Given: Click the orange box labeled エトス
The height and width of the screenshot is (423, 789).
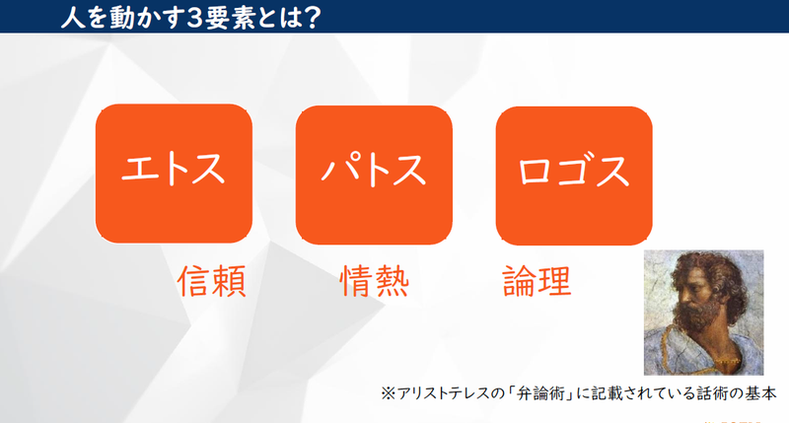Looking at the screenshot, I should click(x=174, y=175).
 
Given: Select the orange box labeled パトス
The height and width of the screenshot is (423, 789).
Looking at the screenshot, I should click(x=374, y=175).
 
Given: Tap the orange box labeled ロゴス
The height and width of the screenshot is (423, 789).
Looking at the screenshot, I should click(x=574, y=175).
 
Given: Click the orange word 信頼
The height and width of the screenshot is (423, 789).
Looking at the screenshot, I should click(x=211, y=282).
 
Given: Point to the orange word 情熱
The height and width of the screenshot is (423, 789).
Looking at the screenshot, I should click(x=374, y=282).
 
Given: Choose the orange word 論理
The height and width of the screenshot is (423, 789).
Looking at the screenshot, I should click(x=537, y=282).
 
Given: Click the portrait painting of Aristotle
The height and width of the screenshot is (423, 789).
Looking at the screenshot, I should click(x=703, y=312).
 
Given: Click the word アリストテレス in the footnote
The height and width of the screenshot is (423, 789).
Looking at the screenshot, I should click(x=439, y=392).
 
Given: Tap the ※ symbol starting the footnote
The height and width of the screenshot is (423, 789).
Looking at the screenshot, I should click(x=388, y=392).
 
